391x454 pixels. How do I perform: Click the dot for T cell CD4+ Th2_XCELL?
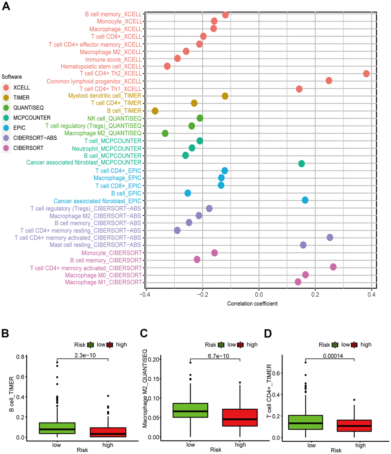(366, 74)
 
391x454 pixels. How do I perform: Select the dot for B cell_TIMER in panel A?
(155, 111)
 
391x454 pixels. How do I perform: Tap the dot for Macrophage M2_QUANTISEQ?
(165, 133)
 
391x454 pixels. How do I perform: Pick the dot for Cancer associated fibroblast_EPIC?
(305, 200)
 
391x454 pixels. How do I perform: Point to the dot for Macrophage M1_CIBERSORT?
(298, 282)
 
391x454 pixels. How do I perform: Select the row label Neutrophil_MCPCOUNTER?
(107, 148)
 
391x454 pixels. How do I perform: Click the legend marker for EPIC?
(6, 127)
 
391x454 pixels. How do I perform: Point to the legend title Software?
(12, 77)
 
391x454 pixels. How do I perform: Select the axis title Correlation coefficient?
(252, 304)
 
